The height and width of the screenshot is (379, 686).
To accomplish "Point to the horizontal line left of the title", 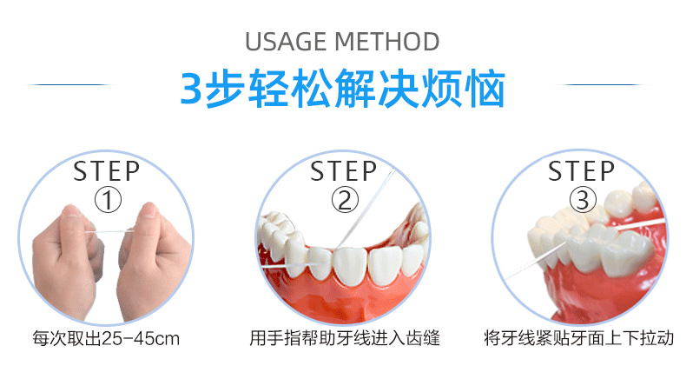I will pyautogui.click(x=69, y=85).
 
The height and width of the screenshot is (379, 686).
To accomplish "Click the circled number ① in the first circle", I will pyautogui.click(x=107, y=201).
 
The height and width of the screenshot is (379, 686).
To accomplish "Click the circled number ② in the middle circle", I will pyautogui.click(x=344, y=201).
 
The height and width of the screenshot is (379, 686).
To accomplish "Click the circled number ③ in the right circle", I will pyautogui.click(x=582, y=201).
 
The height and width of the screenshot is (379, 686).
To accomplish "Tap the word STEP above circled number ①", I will pyautogui.click(x=107, y=170).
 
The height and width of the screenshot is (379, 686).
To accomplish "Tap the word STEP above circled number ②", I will pyautogui.click(x=344, y=170).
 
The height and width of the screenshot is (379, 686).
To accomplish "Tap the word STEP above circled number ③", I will pyautogui.click(x=582, y=170).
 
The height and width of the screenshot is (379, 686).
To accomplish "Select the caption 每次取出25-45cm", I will pyautogui.click(x=106, y=338).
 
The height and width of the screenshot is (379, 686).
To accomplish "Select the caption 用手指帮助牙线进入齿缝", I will pyautogui.click(x=344, y=338).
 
